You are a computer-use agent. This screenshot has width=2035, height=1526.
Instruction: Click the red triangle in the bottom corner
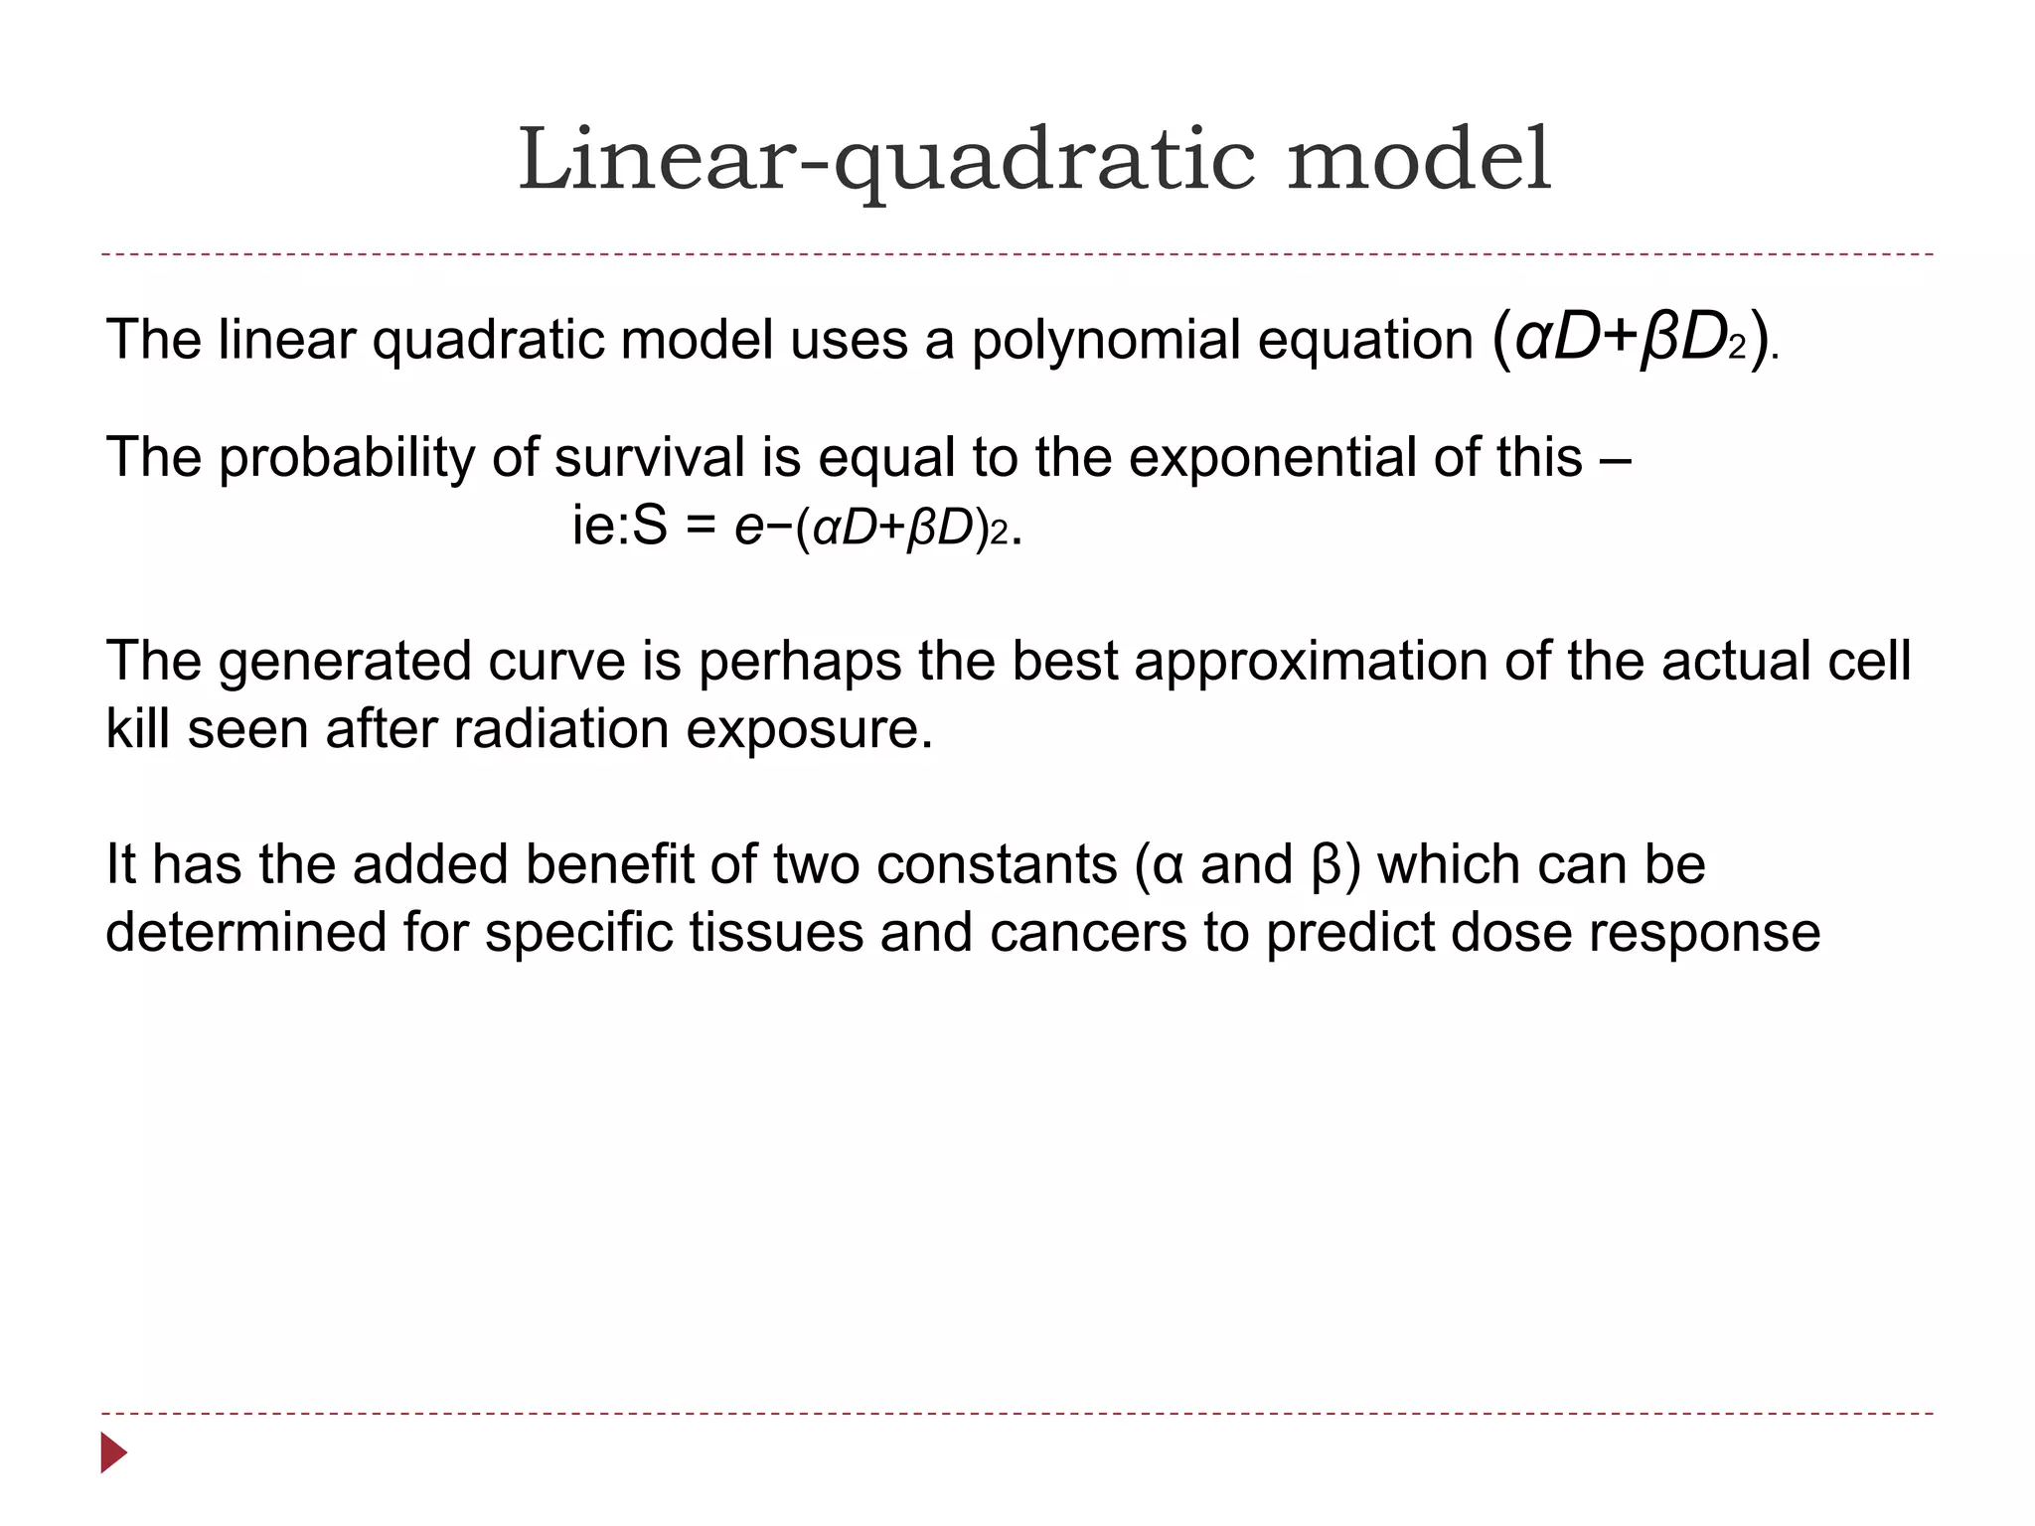[x=113, y=1452]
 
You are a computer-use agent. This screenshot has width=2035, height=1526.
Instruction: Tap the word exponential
[x=1272, y=459]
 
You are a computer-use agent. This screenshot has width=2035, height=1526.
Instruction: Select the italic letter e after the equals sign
[x=747, y=529]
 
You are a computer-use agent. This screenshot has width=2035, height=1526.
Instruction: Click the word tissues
[x=776, y=933]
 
